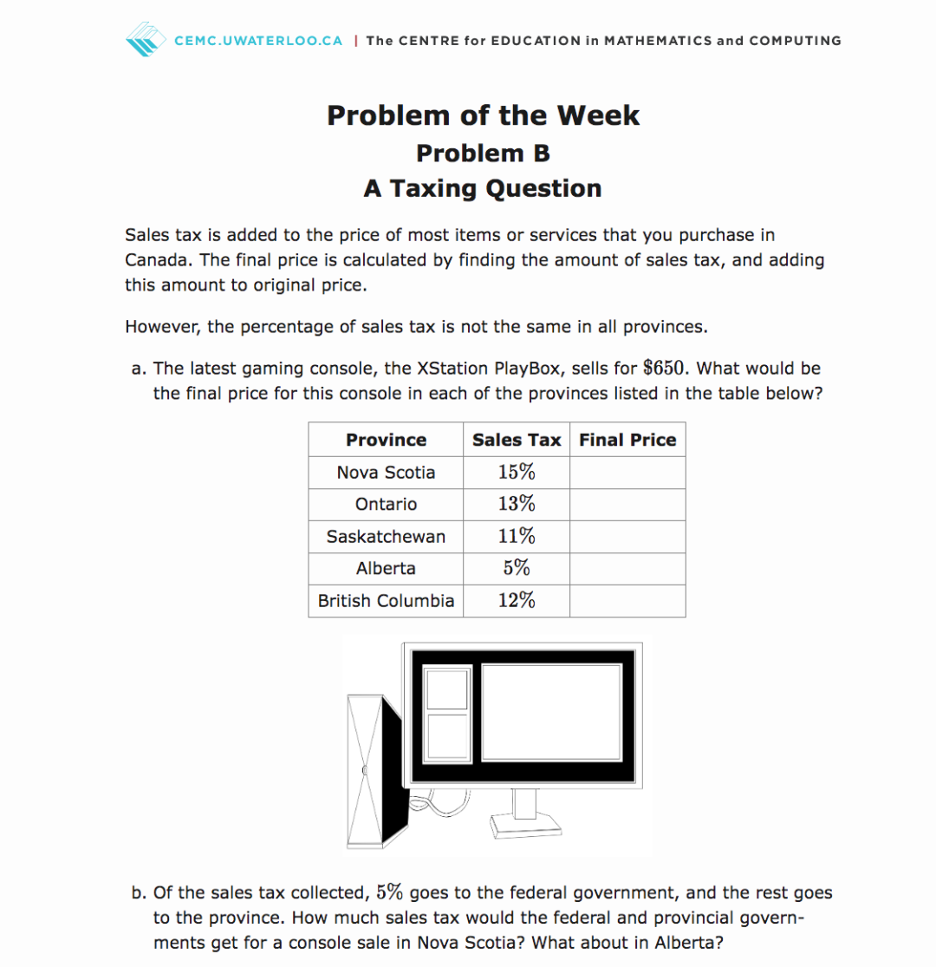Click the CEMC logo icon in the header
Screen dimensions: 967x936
click(145, 40)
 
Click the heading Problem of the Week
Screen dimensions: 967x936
click(483, 115)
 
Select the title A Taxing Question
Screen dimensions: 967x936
click(483, 188)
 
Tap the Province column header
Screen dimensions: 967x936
click(386, 440)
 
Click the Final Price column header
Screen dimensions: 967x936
click(627, 440)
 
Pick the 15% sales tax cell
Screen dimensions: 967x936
click(517, 473)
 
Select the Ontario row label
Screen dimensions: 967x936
click(386, 505)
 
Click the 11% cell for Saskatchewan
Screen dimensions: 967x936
click(517, 537)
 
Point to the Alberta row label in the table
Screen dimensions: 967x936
click(386, 569)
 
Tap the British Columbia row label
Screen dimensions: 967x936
click(386, 601)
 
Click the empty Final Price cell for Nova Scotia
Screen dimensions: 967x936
click(627, 473)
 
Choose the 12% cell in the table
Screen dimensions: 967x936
click(517, 601)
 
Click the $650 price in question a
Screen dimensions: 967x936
click(665, 369)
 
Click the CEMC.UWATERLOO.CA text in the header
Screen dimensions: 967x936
click(258, 41)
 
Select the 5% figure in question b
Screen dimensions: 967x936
click(390, 892)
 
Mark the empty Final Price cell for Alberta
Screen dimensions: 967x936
click(627, 569)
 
